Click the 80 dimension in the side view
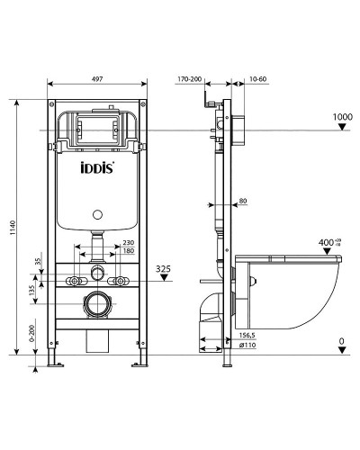[x=245, y=202]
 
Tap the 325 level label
[x=162, y=268]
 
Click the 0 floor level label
[x=342, y=342]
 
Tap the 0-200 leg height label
[x=33, y=335]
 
